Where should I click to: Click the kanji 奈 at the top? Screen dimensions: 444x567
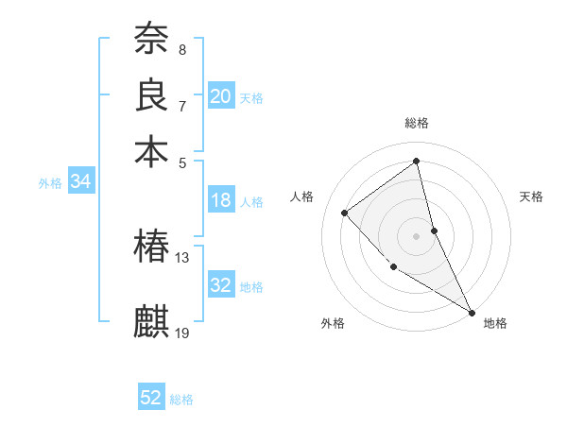tap(151, 40)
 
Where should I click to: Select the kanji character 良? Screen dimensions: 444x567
tap(151, 95)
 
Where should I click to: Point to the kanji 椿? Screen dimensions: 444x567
tap(151, 247)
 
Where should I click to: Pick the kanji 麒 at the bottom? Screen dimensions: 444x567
tap(151, 321)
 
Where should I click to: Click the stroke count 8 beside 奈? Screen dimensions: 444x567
tap(182, 50)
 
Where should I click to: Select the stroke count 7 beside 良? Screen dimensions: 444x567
tap(182, 106)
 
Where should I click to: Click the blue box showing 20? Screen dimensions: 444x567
tap(221, 96)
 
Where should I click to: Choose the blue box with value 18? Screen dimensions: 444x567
tap(221, 200)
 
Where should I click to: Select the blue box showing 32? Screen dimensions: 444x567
tap(221, 285)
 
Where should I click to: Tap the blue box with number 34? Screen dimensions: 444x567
tap(80, 182)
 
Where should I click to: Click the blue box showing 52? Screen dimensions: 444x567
tap(151, 398)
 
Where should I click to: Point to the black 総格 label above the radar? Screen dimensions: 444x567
tap(417, 123)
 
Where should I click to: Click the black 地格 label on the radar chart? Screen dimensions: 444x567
tap(495, 324)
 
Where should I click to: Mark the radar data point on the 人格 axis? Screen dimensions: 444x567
tap(345, 213)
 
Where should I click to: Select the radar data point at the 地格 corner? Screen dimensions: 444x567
tap(472, 312)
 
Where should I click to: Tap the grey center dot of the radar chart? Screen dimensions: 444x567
tap(416, 235)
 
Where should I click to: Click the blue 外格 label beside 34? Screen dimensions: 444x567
tap(49, 183)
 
